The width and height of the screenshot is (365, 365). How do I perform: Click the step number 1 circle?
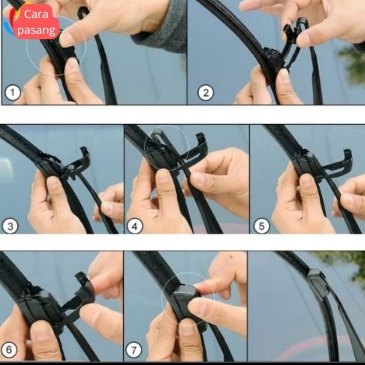tap(13, 93)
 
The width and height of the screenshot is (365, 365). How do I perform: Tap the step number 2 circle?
tap(206, 93)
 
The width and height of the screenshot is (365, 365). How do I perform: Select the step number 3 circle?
tap(10, 226)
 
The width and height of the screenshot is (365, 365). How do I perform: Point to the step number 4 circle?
tap(135, 226)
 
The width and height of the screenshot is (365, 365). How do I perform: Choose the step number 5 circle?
tap(261, 226)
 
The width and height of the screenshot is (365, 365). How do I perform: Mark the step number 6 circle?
tap(9, 349)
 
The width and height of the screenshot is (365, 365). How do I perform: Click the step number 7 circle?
tap(134, 349)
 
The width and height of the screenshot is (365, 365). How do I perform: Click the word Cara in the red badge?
tap(36, 15)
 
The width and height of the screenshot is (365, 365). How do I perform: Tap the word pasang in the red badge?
tap(36, 31)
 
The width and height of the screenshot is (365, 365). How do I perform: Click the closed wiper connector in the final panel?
tap(317, 283)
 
